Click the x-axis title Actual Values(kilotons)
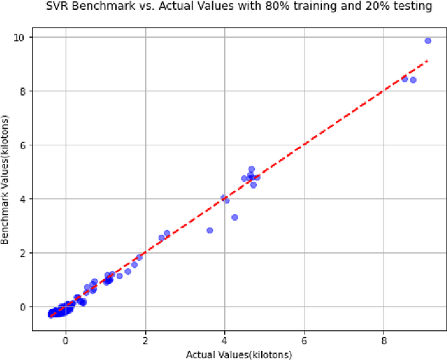(238, 354)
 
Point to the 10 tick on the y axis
(21, 37)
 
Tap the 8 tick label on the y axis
(23, 91)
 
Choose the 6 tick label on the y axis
(23, 145)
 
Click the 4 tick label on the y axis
(23, 199)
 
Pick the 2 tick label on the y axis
(23, 252)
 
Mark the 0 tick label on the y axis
(23, 306)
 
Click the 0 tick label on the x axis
(66, 340)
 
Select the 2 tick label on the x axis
(145, 340)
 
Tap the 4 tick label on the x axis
(225, 340)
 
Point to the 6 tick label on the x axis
(305, 340)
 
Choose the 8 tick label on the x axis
(384, 340)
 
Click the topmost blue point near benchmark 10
(428, 41)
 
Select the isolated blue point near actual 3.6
(210, 230)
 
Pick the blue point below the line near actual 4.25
(235, 217)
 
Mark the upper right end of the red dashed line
(427, 61)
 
